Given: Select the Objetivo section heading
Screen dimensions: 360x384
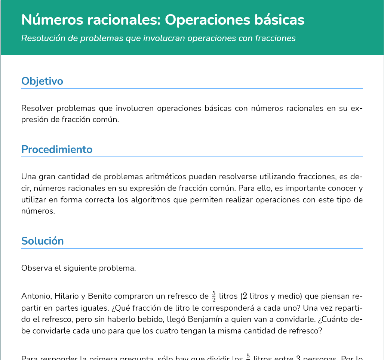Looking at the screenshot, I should tap(42, 81).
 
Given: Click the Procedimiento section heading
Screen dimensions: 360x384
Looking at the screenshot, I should tap(57, 149).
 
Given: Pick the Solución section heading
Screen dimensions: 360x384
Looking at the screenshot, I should tap(42, 241).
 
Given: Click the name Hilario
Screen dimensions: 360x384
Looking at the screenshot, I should tap(67, 297).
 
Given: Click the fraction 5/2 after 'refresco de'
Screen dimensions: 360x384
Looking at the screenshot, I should tap(213, 297).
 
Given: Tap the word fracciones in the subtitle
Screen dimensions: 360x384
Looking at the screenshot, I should tap(276, 38).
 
